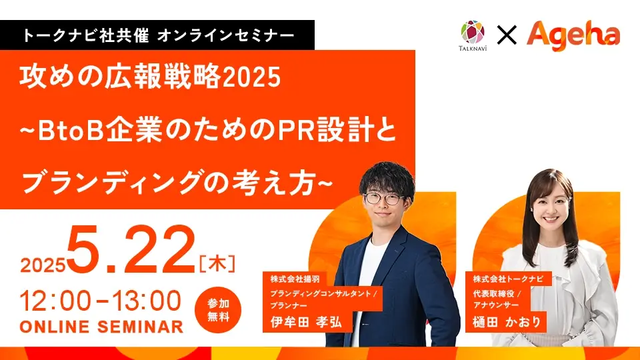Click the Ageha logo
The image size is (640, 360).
point(573,35)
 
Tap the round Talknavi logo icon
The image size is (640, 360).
point(473,32)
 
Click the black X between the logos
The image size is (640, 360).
point(507,35)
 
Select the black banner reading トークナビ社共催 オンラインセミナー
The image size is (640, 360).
point(157,35)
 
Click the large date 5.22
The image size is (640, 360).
point(131,250)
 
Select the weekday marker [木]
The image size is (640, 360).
point(217,264)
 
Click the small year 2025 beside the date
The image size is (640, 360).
point(43,265)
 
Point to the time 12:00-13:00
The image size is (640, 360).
point(101,301)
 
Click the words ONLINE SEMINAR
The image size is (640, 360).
point(101,327)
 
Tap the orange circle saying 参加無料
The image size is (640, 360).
point(218,310)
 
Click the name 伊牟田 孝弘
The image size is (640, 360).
point(306,322)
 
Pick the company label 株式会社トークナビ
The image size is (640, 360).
point(508,279)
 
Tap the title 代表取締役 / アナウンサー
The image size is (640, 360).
point(497,299)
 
